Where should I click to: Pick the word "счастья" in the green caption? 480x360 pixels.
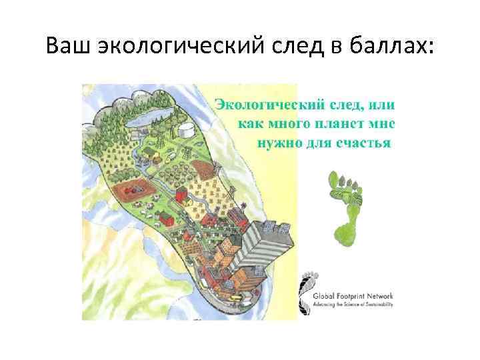point(363,143)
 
